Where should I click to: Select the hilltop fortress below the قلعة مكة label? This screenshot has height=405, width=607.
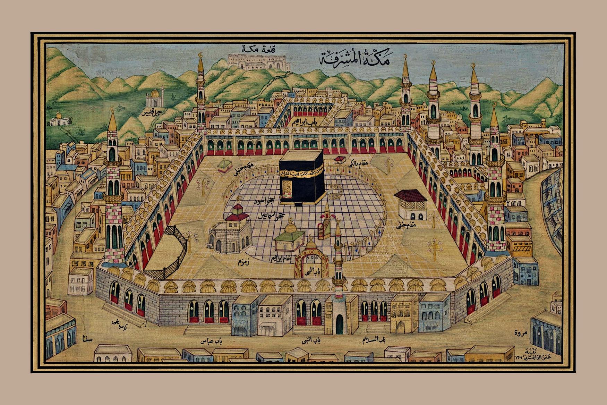point(259,62)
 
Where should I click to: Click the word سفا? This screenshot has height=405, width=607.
point(85,337)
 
